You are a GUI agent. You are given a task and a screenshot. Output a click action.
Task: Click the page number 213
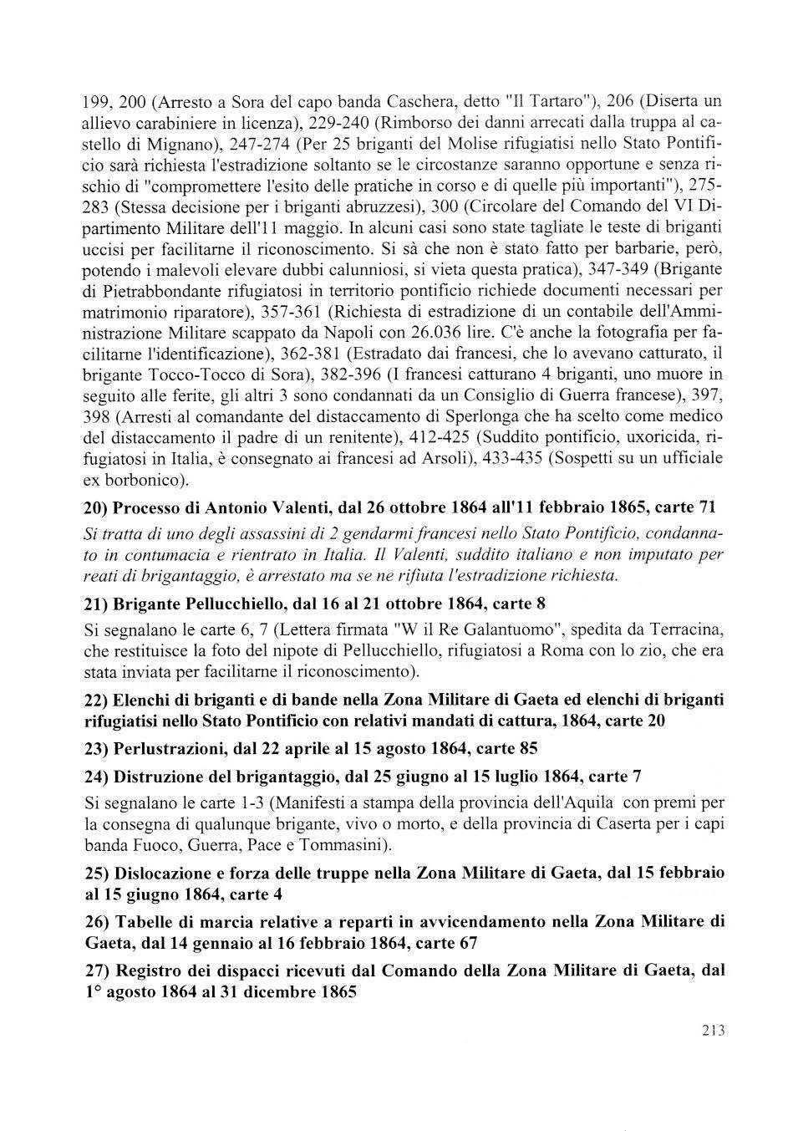click(x=713, y=1031)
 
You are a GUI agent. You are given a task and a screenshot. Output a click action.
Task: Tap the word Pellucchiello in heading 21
click(x=225, y=604)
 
